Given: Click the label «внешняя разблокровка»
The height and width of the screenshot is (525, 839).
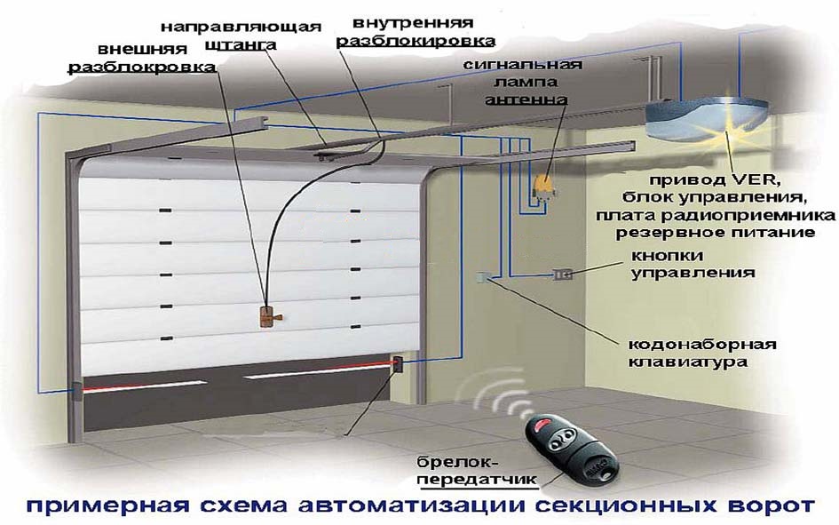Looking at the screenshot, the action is pyautogui.click(x=142, y=58).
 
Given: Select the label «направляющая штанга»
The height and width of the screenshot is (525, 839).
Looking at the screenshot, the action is pyautogui.click(x=241, y=36).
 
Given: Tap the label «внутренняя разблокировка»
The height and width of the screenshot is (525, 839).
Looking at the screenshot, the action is pyautogui.click(x=416, y=32).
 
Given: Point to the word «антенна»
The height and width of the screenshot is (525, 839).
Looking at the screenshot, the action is pyautogui.click(x=526, y=99).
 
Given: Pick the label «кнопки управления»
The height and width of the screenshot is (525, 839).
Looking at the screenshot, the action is pyautogui.click(x=693, y=264).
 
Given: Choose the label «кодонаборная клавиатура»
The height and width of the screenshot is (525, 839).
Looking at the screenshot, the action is pyautogui.click(x=701, y=353).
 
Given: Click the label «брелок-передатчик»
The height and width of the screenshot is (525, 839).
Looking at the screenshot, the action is pyautogui.click(x=477, y=470).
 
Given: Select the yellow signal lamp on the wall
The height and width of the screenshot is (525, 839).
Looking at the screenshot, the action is pyautogui.click(x=544, y=186).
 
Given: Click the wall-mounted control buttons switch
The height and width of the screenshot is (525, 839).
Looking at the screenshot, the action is pyautogui.click(x=562, y=274).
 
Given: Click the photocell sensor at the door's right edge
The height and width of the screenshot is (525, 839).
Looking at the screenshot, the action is pyautogui.click(x=398, y=364).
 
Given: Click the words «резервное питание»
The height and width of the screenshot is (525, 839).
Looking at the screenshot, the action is pyautogui.click(x=715, y=233).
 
